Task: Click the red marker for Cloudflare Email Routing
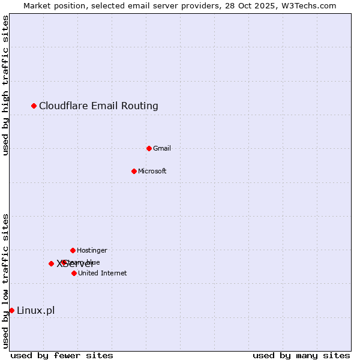point(34,106)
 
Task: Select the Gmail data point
point(149,148)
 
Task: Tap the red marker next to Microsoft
point(134,171)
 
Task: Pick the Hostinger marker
point(73,250)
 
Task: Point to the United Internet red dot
point(74,273)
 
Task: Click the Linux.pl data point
point(11,310)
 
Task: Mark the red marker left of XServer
point(51,263)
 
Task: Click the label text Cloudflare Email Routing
point(98,106)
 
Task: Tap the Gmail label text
point(162,148)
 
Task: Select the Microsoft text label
point(152,171)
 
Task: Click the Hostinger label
point(92,250)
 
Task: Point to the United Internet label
point(102,273)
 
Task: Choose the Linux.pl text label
point(35,310)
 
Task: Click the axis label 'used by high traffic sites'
point(5,85)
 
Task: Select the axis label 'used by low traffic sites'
point(5,281)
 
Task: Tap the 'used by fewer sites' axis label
point(62,355)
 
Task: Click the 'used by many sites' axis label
point(301,355)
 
